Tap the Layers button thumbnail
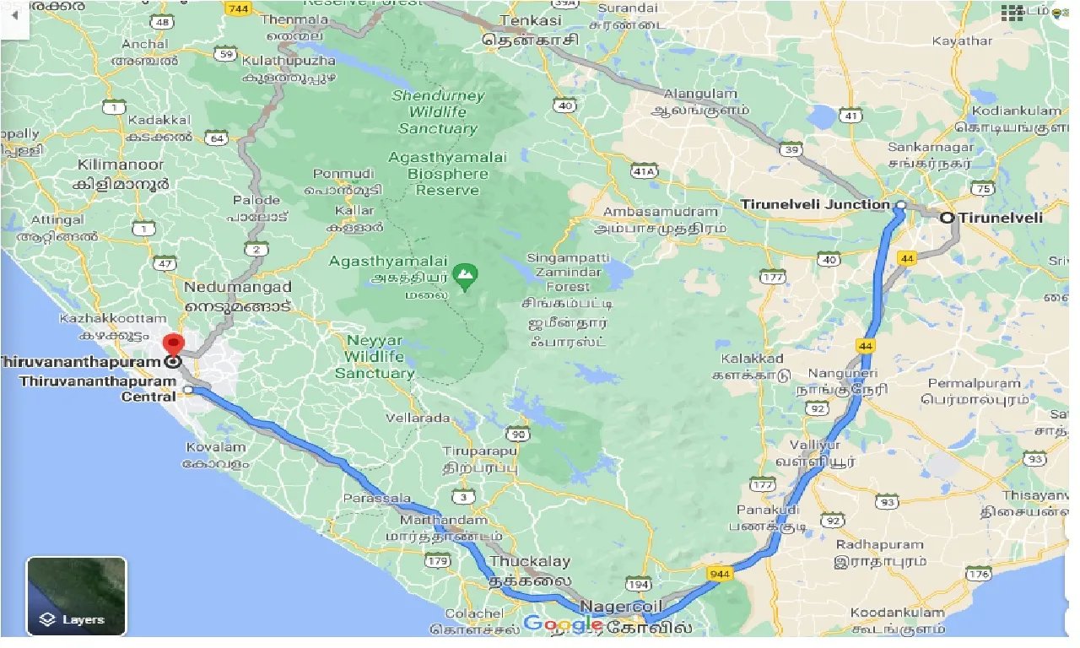pos(77,596)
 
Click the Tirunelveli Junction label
pos(815,204)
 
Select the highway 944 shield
pos(720,574)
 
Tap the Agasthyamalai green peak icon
pos(464,273)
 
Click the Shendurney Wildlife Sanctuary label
pos(438,112)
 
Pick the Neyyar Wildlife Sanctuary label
pos(375,357)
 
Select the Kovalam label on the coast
pos(215,447)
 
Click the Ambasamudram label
pos(661,212)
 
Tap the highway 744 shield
pos(238,8)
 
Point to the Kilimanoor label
pos(123,165)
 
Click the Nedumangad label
pos(238,288)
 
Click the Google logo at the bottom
pos(563,624)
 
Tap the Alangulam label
pos(700,94)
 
